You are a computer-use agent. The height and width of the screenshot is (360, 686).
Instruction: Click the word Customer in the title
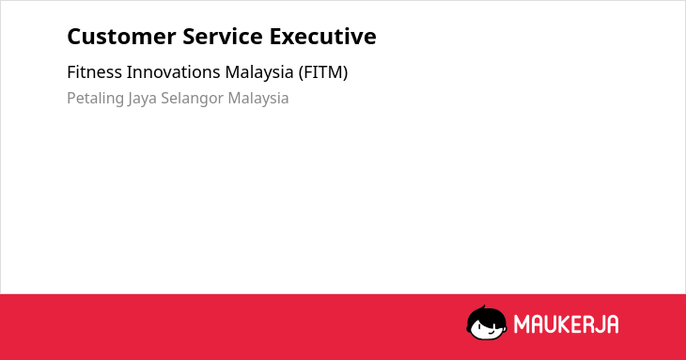click(121, 37)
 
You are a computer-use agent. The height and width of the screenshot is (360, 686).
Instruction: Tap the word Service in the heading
click(223, 37)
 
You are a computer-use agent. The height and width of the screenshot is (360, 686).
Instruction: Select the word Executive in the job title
click(323, 37)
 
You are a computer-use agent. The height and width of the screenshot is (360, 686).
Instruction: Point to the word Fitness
click(95, 72)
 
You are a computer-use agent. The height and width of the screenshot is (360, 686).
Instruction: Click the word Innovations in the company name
click(173, 72)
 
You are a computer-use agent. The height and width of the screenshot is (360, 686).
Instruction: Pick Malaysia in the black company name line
click(259, 73)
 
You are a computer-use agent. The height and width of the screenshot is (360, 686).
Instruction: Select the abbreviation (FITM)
click(323, 72)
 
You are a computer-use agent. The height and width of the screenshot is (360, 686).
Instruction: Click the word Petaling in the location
click(95, 99)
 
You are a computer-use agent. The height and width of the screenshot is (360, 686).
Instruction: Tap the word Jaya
click(142, 99)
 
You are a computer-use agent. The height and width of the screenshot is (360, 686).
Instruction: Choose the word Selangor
click(193, 99)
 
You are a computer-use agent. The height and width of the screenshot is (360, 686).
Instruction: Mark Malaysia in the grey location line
click(258, 99)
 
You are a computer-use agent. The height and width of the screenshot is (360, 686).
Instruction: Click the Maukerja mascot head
click(487, 323)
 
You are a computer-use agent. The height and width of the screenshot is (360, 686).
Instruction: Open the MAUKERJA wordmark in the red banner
click(566, 324)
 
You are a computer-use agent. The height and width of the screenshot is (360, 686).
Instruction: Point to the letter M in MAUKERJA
click(522, 324)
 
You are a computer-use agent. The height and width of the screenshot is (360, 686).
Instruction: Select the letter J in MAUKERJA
click(599, 324)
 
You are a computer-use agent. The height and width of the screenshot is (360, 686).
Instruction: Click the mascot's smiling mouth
click(491, 333)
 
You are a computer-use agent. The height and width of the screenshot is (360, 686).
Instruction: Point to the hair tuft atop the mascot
click(483, 307)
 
